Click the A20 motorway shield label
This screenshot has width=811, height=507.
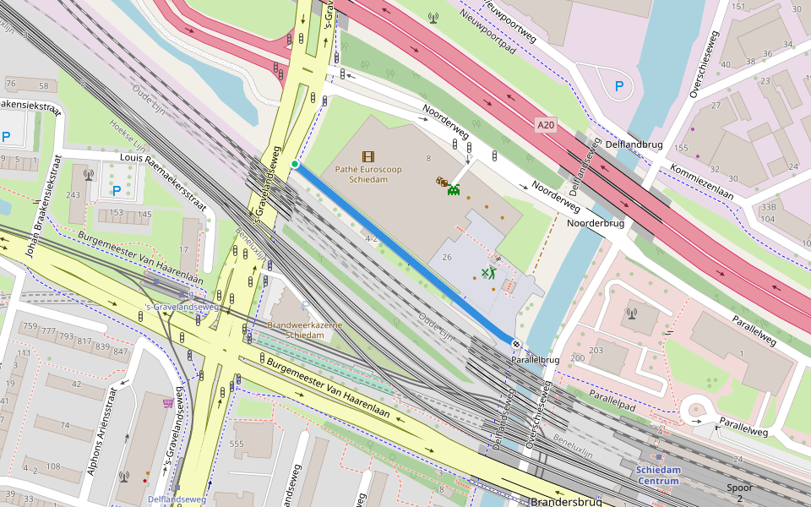[x=547, y=126]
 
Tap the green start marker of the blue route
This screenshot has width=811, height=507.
[x=295, y=164]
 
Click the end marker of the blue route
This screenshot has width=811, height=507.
[x=516, y=343]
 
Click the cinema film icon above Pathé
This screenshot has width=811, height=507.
[x=367, y=155]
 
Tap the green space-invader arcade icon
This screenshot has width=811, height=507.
[x=454, y=190]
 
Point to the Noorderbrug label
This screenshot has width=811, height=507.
[x=596, y=223]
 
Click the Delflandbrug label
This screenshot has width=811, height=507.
[x=634, y=144]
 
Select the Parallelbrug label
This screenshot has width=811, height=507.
[x=535, y=360]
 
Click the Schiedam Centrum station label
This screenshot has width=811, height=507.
[x=658, y=475]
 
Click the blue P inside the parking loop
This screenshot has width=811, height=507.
[x=619, y=85]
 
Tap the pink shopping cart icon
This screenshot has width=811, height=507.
[x=168, y=403]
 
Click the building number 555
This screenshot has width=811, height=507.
[x=237, y=444]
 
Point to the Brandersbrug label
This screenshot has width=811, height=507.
[x=566, y=502]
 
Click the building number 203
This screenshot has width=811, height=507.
[x=596, y=350]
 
